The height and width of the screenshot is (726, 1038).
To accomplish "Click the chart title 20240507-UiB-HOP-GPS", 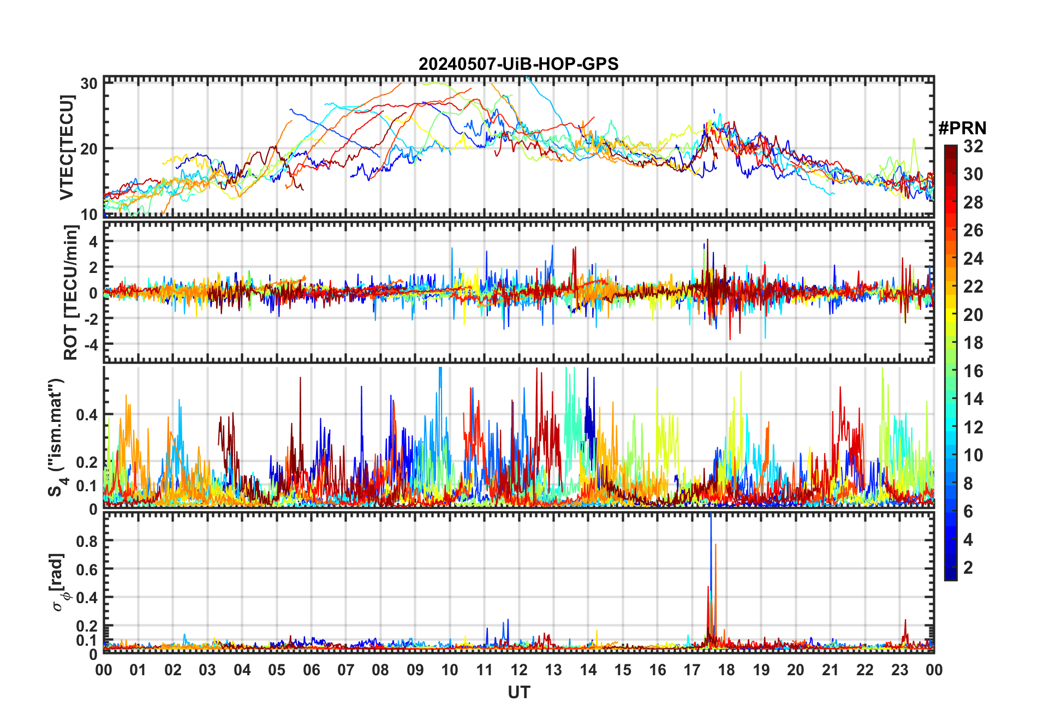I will (518, 64).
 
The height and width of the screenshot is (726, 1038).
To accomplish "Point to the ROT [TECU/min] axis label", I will (71, 293).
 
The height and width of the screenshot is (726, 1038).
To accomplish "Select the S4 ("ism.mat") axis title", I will (57, 437).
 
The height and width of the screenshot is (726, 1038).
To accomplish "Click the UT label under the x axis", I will (518, 693).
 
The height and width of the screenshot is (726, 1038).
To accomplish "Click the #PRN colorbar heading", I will (962, 128).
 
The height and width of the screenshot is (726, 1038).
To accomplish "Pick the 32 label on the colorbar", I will (973, 146).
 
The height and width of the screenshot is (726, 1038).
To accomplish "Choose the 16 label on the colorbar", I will (973, 371).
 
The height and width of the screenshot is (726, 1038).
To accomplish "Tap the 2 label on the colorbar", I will (968, 568).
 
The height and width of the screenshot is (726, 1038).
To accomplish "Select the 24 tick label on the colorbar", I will (973, 259).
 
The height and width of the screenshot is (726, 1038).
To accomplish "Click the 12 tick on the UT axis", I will (519, 670).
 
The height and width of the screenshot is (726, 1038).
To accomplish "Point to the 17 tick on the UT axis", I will (692, 670).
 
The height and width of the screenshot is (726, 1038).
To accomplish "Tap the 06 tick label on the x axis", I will (311, 670).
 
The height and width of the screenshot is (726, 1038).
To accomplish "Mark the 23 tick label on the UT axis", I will (899, 670).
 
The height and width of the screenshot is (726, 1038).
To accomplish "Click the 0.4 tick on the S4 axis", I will (87, 415).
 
